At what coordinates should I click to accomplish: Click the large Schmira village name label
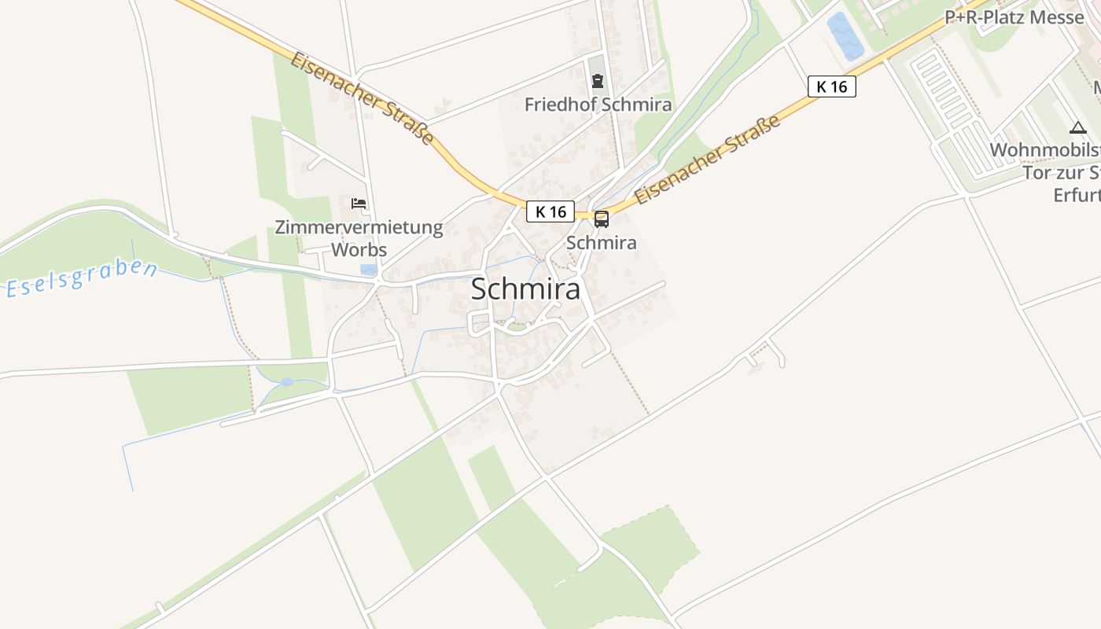525,289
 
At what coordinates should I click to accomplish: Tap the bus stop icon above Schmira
602,219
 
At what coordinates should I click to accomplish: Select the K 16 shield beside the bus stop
550,212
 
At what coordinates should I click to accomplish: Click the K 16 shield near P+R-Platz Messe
831,86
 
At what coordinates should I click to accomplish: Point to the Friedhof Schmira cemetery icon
598,81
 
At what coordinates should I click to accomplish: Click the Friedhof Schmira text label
598,105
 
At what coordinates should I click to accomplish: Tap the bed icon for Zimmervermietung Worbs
359,204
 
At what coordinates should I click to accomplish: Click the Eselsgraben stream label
81,278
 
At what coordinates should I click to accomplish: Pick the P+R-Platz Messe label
1014,17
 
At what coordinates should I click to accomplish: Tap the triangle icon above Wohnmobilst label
1077,127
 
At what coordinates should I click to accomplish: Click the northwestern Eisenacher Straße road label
362,98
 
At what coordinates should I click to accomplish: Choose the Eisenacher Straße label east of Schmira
708,160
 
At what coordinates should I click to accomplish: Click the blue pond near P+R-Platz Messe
845,35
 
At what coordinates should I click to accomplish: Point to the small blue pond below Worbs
368,269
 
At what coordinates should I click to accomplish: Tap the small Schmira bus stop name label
602,243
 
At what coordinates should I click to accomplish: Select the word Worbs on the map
359,250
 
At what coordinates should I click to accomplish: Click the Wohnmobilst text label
1044,150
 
